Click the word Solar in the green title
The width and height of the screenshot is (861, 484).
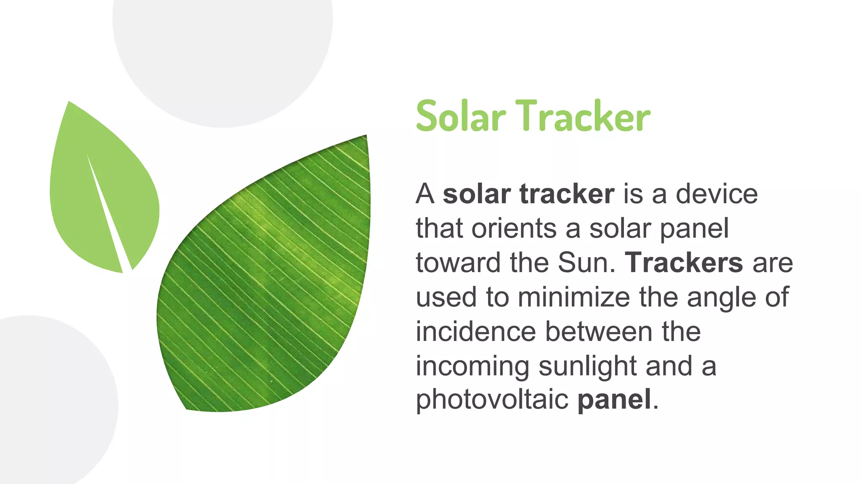coord(460,116)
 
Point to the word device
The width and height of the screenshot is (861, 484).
coord(716,194)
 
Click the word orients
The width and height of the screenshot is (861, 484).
coord(514,229)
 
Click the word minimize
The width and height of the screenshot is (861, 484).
coord(573,297)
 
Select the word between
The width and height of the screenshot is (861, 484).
coord(599,332)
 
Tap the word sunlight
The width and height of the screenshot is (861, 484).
coord(587,367)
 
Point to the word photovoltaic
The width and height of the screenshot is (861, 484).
coord(492,400)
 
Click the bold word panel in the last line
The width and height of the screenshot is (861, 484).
coord(614,400)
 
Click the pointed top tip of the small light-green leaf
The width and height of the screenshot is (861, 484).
coord(69,103)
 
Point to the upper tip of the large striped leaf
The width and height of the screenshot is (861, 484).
coord(365,137)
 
